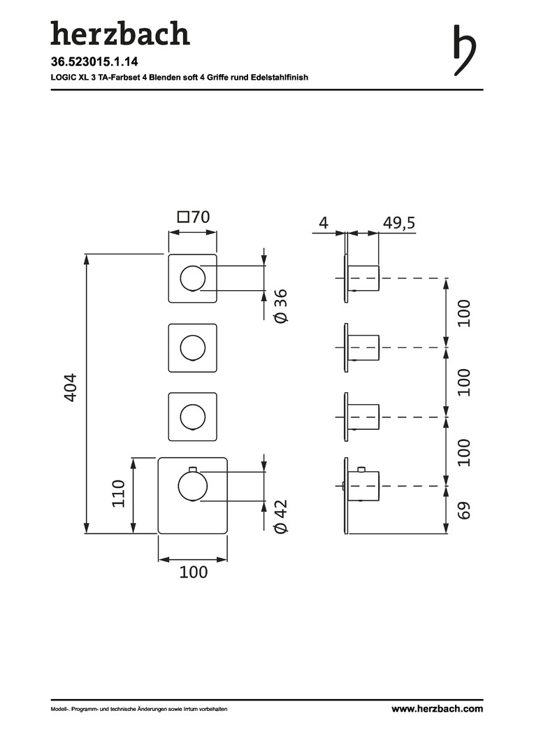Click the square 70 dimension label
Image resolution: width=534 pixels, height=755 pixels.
[x=193, y=217]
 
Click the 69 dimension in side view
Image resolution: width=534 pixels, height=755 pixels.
[x=465, y=509]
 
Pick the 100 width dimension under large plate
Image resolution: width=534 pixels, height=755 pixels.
[x=193, y=573]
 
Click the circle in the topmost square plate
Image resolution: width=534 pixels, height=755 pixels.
[x=193, y=278]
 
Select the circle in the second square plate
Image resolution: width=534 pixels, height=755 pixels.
[x=193, y=347]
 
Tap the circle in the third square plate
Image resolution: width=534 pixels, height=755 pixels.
[x=193, y=417]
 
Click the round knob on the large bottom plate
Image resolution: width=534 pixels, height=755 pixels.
[x=192, y=485]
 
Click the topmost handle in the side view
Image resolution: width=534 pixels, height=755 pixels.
[x=363, y=278]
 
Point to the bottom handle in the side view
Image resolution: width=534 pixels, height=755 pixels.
[x=363, y=486]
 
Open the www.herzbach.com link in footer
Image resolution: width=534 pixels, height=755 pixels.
[x=437, y=709]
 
